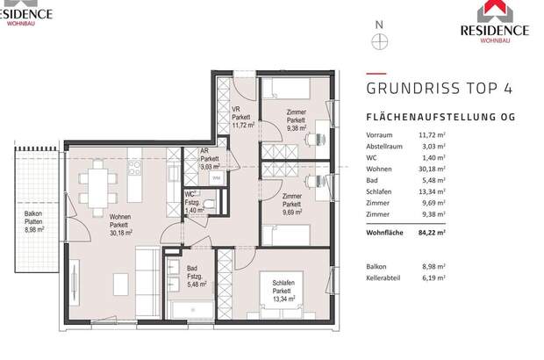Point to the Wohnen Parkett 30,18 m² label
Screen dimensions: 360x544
coord(120,225)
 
